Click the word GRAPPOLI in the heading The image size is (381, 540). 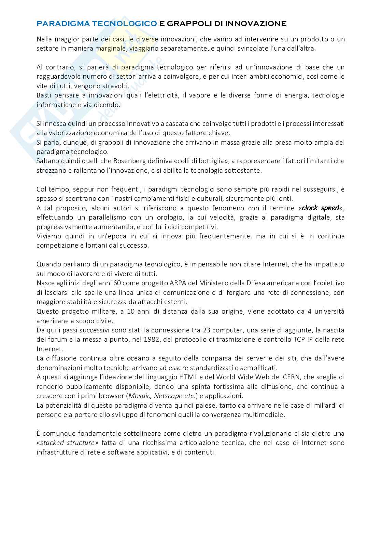186,24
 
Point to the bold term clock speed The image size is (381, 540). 321,208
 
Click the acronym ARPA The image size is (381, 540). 180,283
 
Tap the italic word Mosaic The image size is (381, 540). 139,396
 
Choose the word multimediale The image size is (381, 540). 263,415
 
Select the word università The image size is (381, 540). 328,311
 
